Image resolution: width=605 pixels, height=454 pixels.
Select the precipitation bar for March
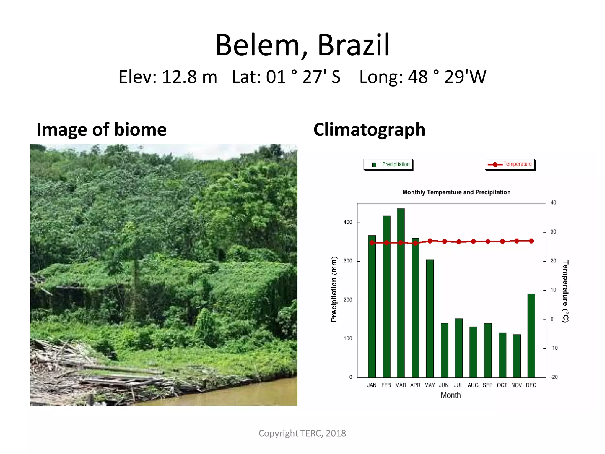coord(401,293)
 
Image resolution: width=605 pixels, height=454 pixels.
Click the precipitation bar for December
coord(531,335)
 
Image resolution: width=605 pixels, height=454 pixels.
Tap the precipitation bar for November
coord(517,356)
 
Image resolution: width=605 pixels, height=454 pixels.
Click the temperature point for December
coord(531,241)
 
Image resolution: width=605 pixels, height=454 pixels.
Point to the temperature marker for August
coord(473,241)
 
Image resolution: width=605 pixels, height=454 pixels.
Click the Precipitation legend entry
coord(388,165)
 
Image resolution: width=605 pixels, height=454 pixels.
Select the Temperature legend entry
coord(510,164)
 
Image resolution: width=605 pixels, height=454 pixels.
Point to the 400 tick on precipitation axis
coord(348,222)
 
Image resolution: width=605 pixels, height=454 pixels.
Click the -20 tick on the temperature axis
coord(554,377)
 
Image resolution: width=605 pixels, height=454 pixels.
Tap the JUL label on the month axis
coord(458,385)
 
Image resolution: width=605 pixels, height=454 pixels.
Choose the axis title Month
coord(451,395)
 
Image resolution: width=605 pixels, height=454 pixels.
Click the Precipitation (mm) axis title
coord(334,289)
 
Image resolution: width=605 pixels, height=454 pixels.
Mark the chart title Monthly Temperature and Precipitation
coord(456,192)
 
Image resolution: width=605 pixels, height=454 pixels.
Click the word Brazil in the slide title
coord(353,45)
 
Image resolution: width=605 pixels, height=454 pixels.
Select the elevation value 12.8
coord(179,77)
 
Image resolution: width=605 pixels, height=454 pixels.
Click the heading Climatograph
coord(369,129)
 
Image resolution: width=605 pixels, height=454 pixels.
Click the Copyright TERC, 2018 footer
coord(302,433)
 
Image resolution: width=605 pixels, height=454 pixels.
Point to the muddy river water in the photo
coord(251,393)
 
